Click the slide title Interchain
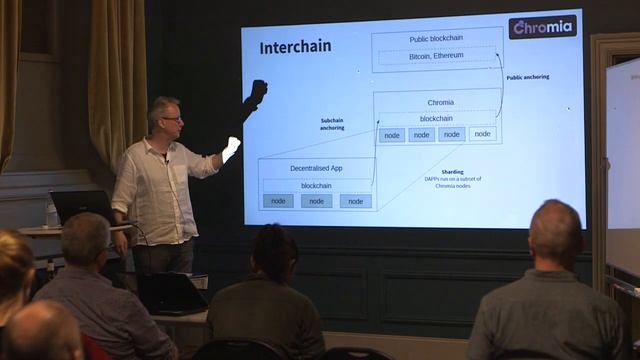[x=295, y=47]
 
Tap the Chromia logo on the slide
[x=542, y=27]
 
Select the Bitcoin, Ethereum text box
[x=436, y=57]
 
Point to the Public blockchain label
[x=437, y=39]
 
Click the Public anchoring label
[x=527, y=77]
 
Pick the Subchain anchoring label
[x=332, y=124]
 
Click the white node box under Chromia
[x=483, y=134]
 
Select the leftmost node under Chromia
[x=392, y=135]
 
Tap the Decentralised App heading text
[x=316, y=168]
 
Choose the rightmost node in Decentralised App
[x=355, y=201]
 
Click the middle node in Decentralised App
[x=316, y=201]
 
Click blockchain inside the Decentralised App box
[x=316, y=185]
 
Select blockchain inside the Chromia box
[x=436, y=118]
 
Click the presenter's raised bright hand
[x=230, y=151]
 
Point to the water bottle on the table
[x=52, y=214]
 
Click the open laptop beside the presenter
[x=82, y=207]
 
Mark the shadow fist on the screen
[x=258, y=93]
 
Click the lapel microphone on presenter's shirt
[x=166, y=158]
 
